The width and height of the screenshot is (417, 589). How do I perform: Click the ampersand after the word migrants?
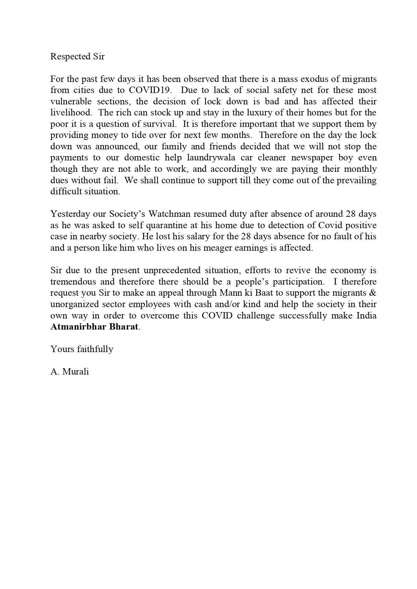[x=372, y=293]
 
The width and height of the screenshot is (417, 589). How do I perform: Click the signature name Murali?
[x=76, y=372]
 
